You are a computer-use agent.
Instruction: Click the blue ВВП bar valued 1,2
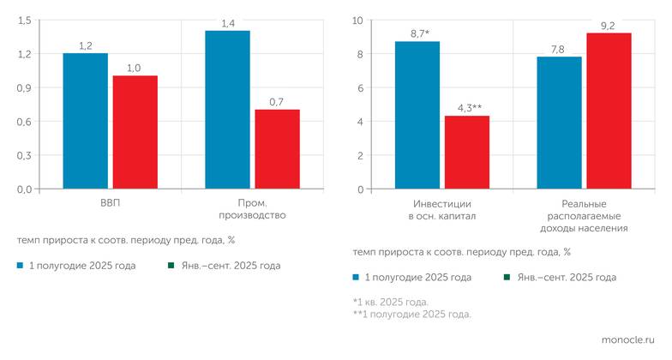(x=85, y=121)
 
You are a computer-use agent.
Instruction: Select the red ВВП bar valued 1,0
(x=135, y=132)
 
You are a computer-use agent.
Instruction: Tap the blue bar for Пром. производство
(x=228, y=110)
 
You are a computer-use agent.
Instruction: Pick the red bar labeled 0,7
(x=278, y=149)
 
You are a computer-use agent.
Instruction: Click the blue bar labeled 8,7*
(x=417, y=115)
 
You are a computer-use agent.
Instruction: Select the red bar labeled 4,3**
(x=467, y=152)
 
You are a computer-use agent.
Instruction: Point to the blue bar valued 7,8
(x=559, y=123)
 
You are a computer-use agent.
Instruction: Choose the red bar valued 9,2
(x=609, y=111)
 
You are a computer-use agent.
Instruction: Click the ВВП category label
(x=110, y=204)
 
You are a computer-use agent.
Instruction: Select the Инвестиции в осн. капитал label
(x=442, y=210)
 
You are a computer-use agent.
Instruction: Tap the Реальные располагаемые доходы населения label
(x=585, y=216)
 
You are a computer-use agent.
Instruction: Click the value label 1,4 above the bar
(x=228, y=23)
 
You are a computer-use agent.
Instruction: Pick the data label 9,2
(x=609, y=26)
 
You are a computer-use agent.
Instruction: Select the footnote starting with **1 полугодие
(x=411, y=314)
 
